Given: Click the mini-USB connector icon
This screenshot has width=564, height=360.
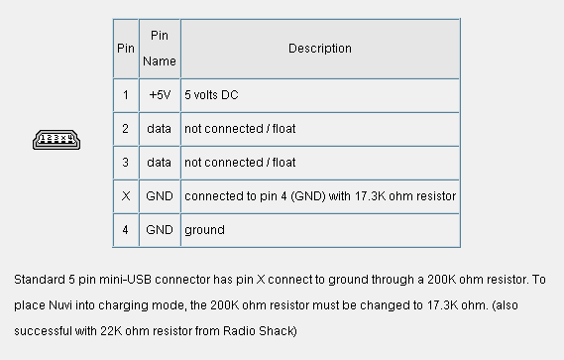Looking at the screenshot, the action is [x=56, y=140].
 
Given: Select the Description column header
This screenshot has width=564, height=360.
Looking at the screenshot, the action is [x=320, y=49].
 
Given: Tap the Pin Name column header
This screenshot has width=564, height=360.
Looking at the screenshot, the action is [x=160, y=49].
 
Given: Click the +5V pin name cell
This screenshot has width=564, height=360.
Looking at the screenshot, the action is [x=160, y=94].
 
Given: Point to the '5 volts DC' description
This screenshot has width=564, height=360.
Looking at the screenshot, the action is [x=211, y=94].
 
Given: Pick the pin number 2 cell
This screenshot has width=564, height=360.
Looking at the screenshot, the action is [x=125, y=129].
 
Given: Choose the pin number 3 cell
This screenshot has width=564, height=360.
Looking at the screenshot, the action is [x=125, y=163].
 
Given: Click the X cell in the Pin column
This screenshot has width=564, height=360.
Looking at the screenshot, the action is [x=126, y=196].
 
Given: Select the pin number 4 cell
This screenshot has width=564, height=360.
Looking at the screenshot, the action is [x=125, y=230].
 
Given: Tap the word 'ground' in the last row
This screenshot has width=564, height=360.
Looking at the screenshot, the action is [x=204, y=230].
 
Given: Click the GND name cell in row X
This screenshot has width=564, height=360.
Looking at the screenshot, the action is [x=160, y=196].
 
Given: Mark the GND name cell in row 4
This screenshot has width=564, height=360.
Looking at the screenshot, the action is [x=160, y=230].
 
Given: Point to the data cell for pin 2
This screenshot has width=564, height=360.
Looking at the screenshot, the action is [x=159, y=129].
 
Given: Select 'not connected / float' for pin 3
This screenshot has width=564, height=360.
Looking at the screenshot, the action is [x=240, y=163].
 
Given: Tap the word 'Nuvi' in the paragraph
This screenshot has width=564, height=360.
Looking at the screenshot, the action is [x=60, y=305].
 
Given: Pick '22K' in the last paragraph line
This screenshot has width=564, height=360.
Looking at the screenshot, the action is [x=111, y=331].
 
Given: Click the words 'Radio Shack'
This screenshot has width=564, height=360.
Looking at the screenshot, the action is [x=259, y=331].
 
